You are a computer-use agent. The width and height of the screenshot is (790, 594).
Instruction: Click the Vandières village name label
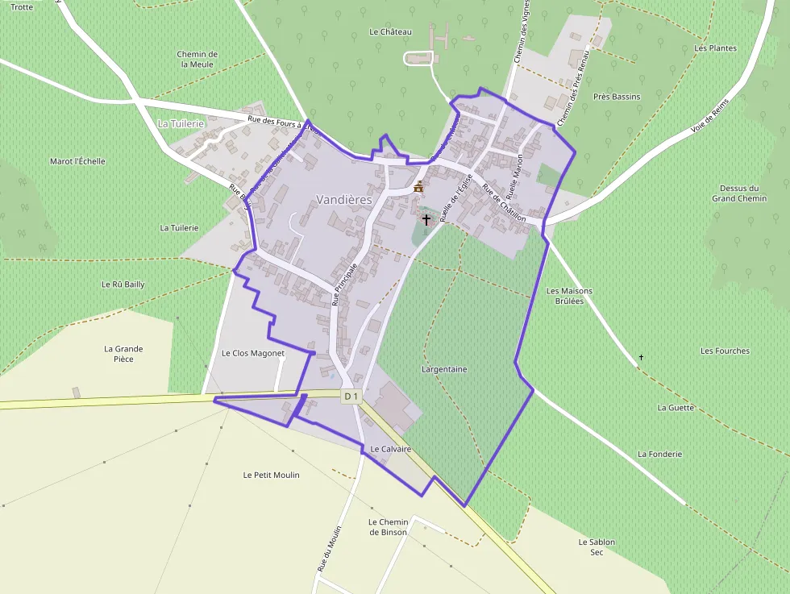click(x=344, y=199)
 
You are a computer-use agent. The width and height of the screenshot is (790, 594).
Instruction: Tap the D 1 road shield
click(x=351, y=397)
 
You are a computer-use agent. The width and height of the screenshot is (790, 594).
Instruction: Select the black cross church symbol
click(x=426, y=219)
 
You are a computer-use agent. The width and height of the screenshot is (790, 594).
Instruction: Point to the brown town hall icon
click(x=418, y=187)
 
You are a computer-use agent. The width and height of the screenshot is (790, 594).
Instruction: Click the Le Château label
click(x=390, y=32)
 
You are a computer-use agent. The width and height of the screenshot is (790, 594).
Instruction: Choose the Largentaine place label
click(x=444, y=369)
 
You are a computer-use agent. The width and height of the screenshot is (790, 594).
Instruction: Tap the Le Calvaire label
click(x=391, y=449)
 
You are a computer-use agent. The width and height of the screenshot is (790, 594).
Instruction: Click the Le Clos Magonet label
click(x=253, y=353)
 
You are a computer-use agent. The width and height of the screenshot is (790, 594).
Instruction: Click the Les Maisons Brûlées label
click(x=569, y=296)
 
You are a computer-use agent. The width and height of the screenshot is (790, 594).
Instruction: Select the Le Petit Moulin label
click(x=271, y=475)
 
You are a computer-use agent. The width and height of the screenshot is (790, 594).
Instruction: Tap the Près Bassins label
click(x=617, y=97)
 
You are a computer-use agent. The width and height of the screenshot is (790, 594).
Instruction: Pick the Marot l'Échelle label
click(x=77, y=161)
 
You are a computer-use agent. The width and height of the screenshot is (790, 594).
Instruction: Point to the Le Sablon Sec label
click(x=597, y=547)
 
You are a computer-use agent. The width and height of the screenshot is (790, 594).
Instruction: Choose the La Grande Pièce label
click(x=123, y=354)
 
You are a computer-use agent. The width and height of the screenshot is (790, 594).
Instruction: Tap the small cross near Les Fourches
click(x=642, y=356)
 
